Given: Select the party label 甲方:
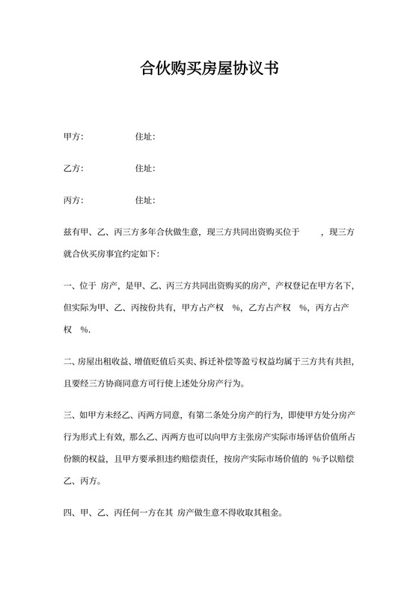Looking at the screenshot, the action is [73, 137].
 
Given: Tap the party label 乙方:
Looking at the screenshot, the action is [73, 168].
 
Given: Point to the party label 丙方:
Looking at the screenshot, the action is [73, 200].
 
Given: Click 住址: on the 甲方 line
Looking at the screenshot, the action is [144, 137].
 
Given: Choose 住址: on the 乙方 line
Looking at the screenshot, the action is [144, 168].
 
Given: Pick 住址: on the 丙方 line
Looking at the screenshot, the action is [144, 200].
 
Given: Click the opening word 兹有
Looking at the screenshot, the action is [71, 232].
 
